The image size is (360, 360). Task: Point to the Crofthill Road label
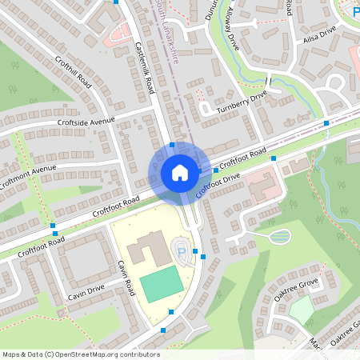(x=74, y=73)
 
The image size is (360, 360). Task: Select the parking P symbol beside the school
(x=181, y=254)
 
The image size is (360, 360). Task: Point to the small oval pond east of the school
(x=280, y=236)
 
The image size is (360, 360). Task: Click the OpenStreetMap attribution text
(x=80, y=354)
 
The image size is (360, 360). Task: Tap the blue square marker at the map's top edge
(x=116, y=2)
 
